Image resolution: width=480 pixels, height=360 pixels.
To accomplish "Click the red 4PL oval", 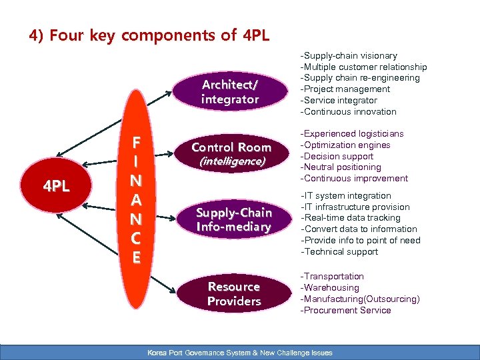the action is [x=57, y=187].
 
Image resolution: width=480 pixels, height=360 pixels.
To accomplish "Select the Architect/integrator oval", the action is [x=230, y=92].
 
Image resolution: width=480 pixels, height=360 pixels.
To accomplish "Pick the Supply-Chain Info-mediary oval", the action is [x=233, y=219].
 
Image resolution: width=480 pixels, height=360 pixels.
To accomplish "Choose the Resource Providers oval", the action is [x=233, y=294].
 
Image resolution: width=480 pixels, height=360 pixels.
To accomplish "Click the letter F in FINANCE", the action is [x=136, y=143].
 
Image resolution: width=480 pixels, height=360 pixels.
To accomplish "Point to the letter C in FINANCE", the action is [x=136, y=238].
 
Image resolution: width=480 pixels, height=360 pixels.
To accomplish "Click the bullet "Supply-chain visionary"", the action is [x=349, y=55].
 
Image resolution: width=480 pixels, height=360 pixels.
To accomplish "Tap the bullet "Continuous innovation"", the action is [x=349, y=112].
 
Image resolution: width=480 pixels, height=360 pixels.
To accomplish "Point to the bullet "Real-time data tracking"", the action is [x=351, y=218].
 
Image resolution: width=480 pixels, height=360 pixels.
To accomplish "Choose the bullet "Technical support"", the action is [x=340, y=252].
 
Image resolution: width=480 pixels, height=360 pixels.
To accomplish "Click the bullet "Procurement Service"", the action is [x=346, y=311].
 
